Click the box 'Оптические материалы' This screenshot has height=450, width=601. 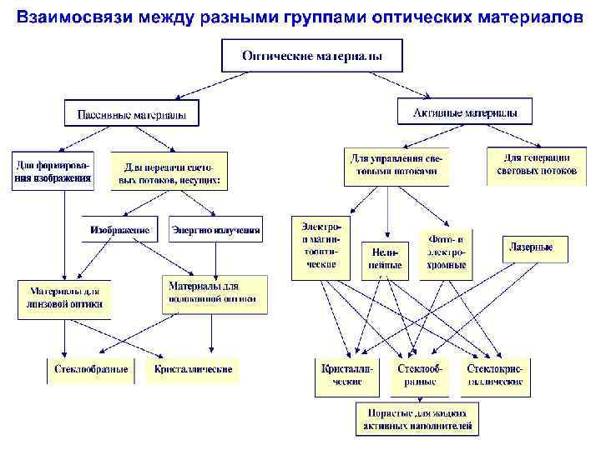312,56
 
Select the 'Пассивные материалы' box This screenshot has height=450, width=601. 132,113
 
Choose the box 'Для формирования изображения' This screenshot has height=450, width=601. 53,170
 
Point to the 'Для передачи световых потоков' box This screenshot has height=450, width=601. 172,172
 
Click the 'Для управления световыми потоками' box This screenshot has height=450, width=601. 396,166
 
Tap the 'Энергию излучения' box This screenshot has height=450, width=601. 216,229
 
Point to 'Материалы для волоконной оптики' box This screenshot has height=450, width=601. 215,293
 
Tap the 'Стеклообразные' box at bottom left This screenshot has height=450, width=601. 91,369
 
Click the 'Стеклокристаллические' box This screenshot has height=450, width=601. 496,375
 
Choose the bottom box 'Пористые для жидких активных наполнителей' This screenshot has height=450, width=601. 417,419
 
